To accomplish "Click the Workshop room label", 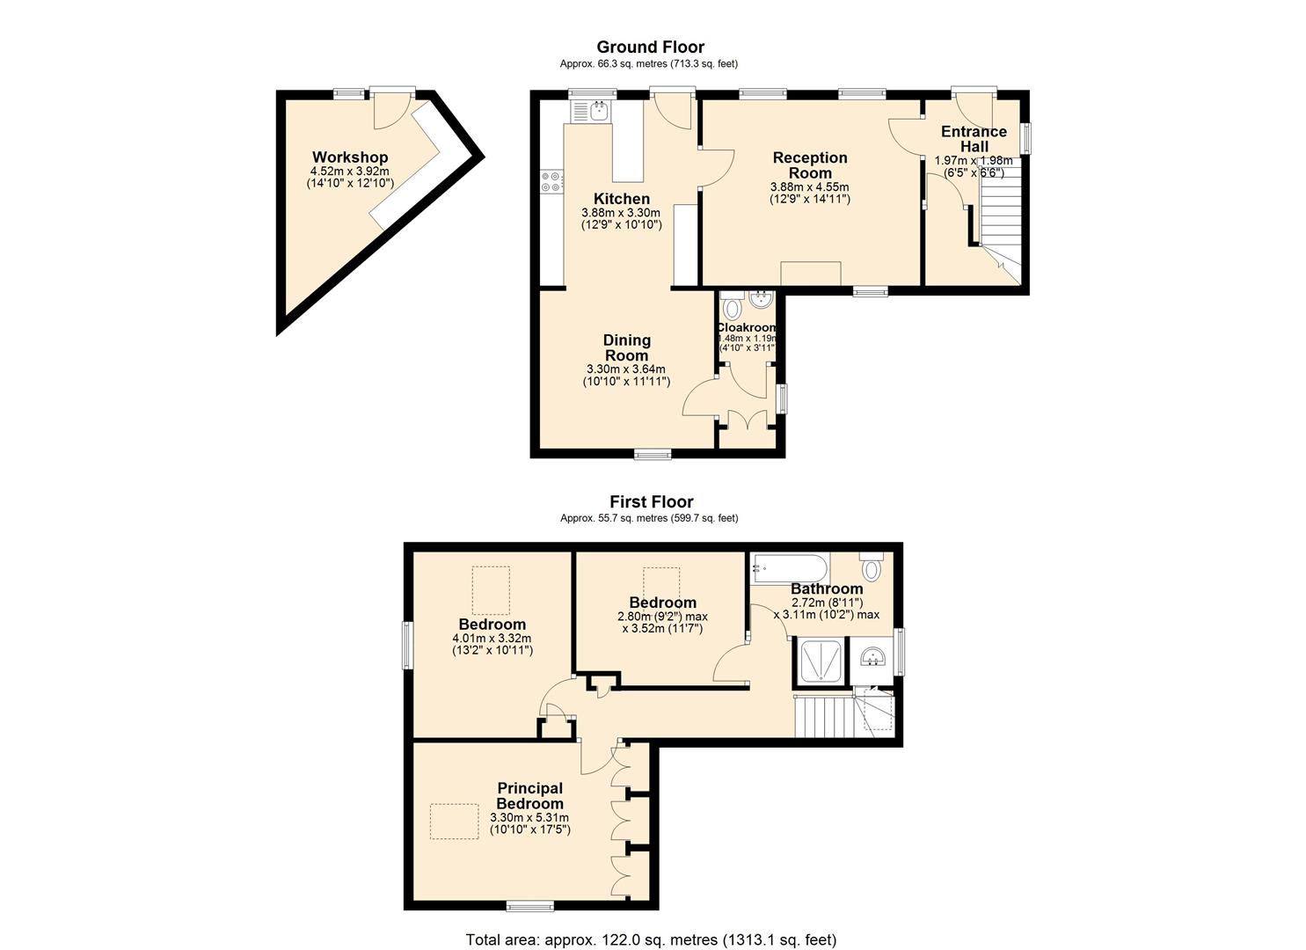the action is pyautogui.click(x=350, y=157).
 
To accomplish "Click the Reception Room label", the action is pyautogui.click(x=810, y=165).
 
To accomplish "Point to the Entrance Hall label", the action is pyautogui.click(x=974, y=139).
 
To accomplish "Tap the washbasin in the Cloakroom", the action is pyautogui.click(x=761, y=300).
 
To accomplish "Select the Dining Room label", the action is pyautogui.click(x=627, y=347).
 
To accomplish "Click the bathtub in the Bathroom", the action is pyautogui.click(x=790, y=568).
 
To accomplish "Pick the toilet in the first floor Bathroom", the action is pyautogui.click(x=872, y=566).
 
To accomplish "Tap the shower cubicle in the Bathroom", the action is pyautogui.click(x=821, y=661).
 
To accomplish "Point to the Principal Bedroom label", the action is pyautogui.click(x=530, y=796).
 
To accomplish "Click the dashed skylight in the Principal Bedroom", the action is pyautogui.click(x=454, y=821).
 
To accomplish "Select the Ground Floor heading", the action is pyautogui.click(x=650, y=47).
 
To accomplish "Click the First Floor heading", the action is pyautogui.click(x=652, y=501).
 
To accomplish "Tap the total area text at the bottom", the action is pyautogui.click(x=651, y=924).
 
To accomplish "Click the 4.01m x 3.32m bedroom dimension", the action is pyautogui.click(x=492, y=638).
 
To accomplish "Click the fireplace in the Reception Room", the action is pyautogui.click(x=810, y=274).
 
